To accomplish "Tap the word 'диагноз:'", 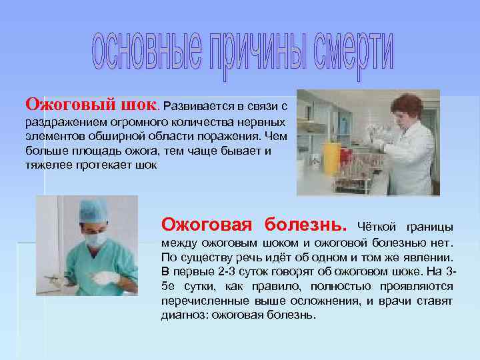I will point(184,315).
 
